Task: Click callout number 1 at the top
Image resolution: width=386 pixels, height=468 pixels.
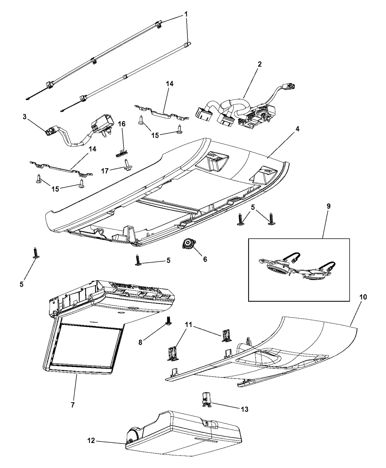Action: click(186, 14)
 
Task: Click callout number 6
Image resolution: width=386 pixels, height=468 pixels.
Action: click(205, 259)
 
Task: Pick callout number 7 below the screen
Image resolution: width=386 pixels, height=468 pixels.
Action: click(73, 405)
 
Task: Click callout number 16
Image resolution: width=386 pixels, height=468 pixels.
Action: click(122, 124)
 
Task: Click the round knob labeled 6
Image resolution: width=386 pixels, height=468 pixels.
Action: click(188, 244)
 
